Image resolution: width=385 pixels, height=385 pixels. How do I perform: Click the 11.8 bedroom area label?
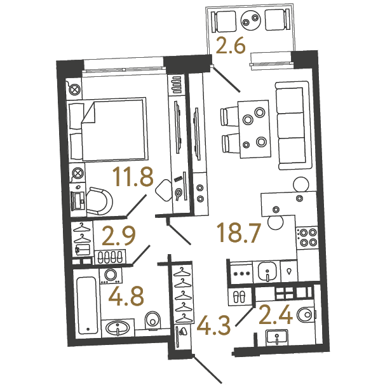pos(133,177)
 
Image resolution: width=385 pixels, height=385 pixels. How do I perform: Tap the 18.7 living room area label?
pos(239,233)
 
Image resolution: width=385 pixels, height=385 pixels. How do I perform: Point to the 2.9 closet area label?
pos(119,236)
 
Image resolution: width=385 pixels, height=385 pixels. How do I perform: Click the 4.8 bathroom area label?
pos(126,296)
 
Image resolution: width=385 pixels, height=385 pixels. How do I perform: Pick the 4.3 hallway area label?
pos(214,325)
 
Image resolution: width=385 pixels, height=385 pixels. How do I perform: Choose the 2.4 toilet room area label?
pos(276,314)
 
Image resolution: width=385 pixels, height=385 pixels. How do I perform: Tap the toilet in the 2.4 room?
pos(306,314)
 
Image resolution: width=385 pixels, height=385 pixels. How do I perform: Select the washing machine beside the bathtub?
pos(111,276)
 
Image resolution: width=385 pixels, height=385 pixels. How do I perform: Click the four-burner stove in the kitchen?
pos(307,237)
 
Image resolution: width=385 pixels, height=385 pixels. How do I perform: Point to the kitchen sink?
pos(267,272)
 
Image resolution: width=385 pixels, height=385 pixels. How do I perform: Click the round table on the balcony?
pos(250,20)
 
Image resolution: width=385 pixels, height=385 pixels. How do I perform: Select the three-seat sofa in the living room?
pos(293,125)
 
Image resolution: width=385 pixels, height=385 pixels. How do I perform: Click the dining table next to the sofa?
pos(254,129)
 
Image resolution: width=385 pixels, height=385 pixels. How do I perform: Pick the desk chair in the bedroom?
pos(100,201)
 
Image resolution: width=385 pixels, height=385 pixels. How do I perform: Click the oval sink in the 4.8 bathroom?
pos(118,328)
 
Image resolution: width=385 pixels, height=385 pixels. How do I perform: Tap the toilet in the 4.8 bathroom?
pos(152,320)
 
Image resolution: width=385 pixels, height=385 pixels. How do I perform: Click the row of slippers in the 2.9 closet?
pos(110,257)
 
